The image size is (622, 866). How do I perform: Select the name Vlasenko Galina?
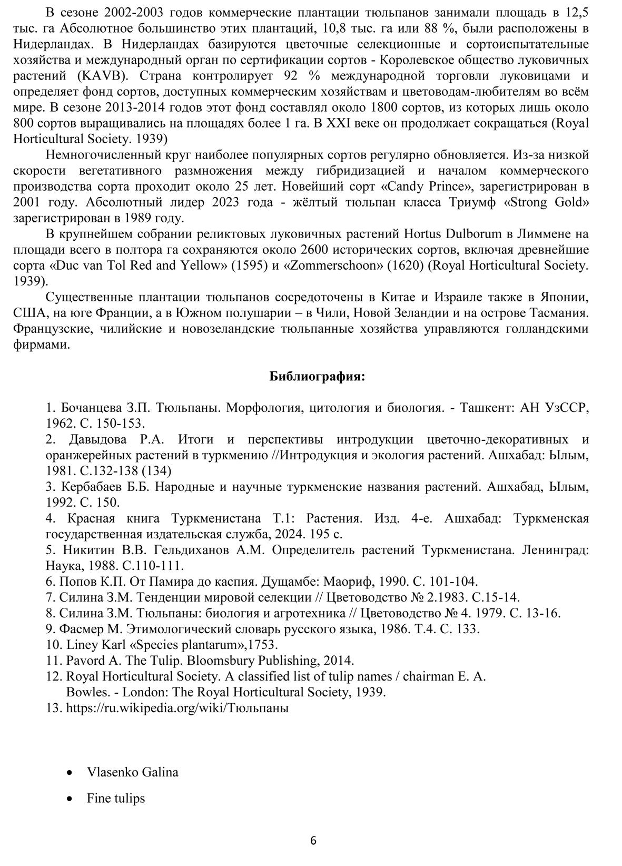point(132,772)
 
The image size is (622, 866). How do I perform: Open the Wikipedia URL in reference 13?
point(177,708)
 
